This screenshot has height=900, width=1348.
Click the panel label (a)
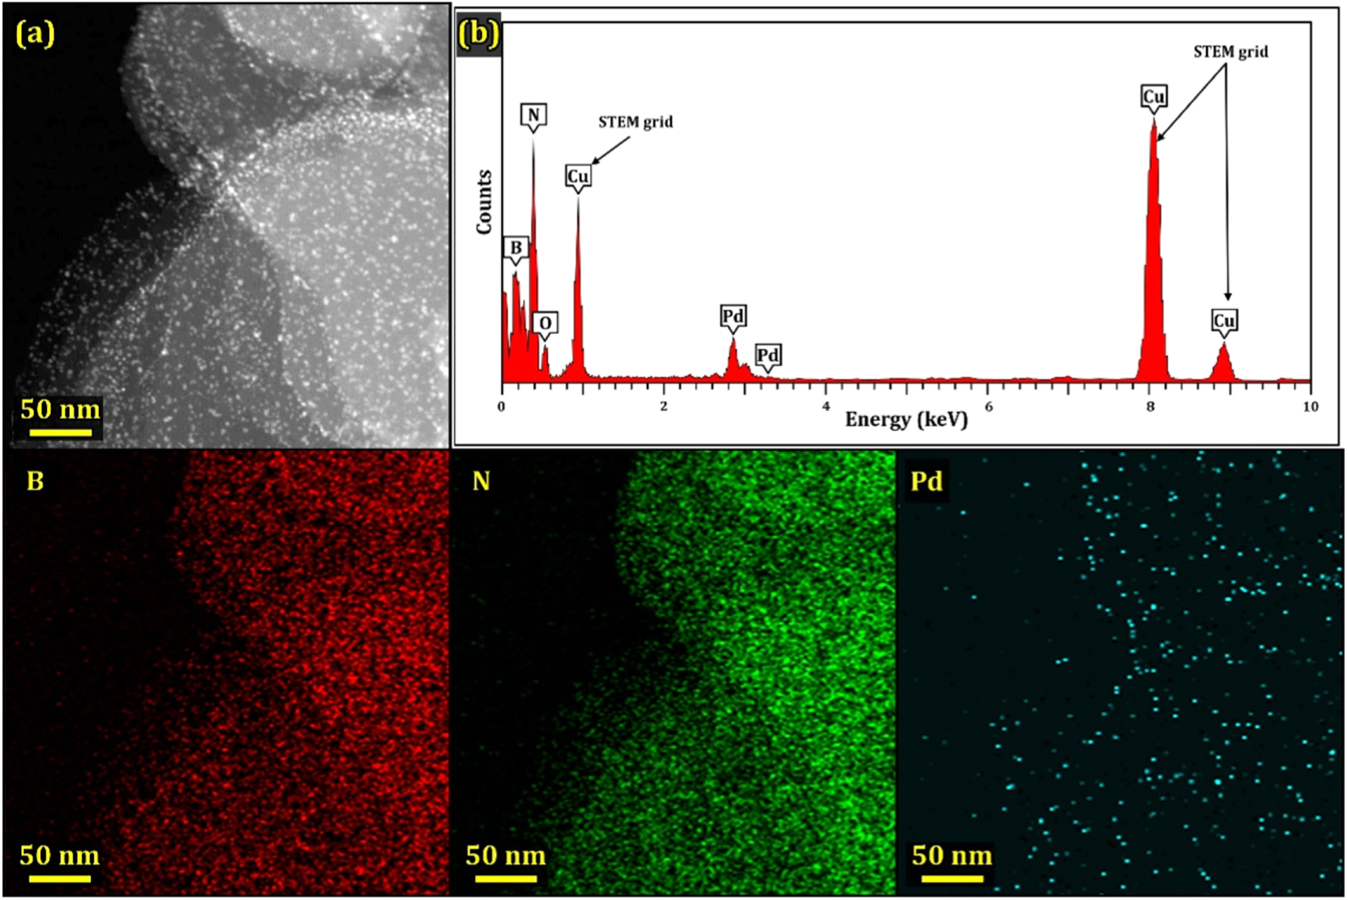(x=35, y=34)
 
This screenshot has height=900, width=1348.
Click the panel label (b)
(x=478, y=34)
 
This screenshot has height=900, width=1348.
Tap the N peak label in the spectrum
(x=533, y=115)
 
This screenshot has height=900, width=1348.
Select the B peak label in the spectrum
(x=516, y=248)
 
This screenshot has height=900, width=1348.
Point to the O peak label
(x=545, y=323)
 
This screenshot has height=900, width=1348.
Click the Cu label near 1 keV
(x=578, y=177)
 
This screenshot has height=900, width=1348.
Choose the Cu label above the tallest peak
(x=1153, y=97)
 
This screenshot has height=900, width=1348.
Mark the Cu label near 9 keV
(x=1224, y=320)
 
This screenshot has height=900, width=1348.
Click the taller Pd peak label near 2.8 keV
(x=732, y=316)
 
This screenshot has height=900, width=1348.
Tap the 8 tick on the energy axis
(x=1150, y=406)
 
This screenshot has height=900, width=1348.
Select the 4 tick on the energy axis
(x=826, y=406)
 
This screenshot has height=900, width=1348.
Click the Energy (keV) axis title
(x=906, y=420)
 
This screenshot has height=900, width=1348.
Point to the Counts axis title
(x=484, y=202)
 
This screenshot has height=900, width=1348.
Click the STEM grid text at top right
(x=1230, y=52)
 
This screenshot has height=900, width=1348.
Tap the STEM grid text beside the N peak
(x=635, y=122)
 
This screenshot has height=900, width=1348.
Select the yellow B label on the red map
(x=35, y=481)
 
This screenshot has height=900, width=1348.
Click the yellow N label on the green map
(x=481, y=481)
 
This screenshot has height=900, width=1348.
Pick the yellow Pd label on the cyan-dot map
(x=926, y=481)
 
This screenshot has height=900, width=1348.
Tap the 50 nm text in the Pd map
(x=952, y=855)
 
